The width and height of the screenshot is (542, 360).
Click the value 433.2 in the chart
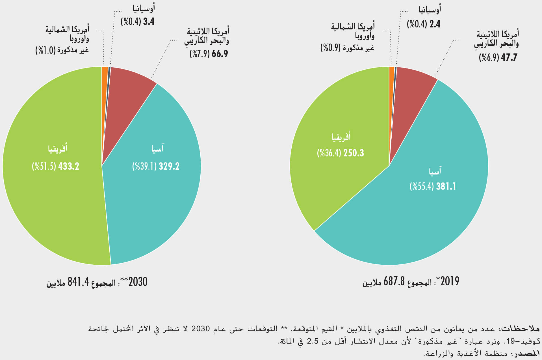click(x=69, y=166)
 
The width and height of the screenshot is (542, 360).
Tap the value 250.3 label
click(x=354, y=153)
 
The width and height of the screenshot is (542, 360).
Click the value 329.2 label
click(x=169, y=166)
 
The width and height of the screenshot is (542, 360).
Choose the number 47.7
click(x=509, y=58)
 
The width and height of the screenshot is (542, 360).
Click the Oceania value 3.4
click(x=149, y=22)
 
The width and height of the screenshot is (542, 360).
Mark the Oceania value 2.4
click(x=435, y=24)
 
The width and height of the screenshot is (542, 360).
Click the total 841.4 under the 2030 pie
click(x=78, y=282)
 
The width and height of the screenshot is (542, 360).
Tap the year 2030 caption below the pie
click(x=138, y=282)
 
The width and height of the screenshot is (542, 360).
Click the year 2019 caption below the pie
click(x=450, y=281)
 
